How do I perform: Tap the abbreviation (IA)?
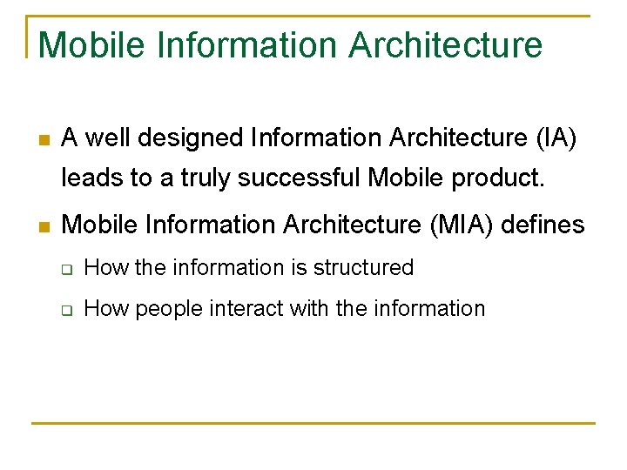(556, 138)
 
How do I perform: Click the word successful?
(300, 178)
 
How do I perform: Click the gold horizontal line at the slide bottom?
(313, 423)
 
